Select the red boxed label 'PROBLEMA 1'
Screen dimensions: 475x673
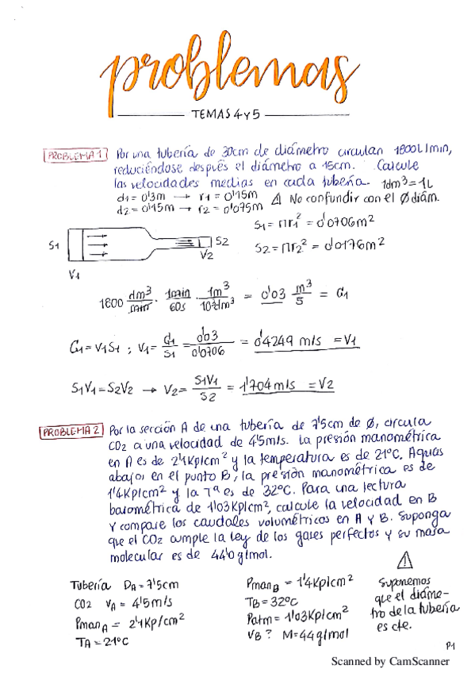click(75, 156)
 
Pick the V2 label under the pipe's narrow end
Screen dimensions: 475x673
click(207, 256)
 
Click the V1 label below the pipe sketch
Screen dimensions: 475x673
click(75, 275)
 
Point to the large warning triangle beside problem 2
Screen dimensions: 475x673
click(408, 561)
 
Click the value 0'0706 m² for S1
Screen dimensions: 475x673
click(343, 225)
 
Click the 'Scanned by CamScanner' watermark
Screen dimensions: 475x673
click(389, 661)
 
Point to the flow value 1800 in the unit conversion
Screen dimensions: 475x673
click(113, 302)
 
